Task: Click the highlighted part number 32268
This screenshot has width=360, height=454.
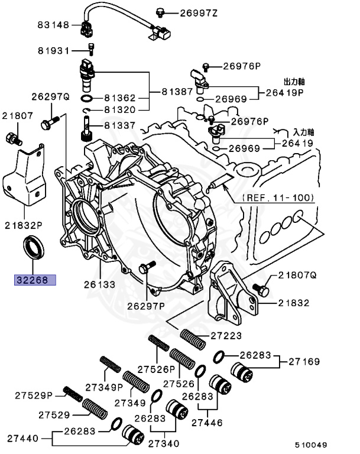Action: [35, 280]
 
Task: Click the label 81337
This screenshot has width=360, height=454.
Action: [121, 126]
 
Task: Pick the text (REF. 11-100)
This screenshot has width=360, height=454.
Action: [278, 197]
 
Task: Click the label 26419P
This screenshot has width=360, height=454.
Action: [284, 92]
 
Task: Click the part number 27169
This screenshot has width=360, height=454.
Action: [304, 361]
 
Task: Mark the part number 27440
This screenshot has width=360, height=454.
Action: [22, 439]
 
